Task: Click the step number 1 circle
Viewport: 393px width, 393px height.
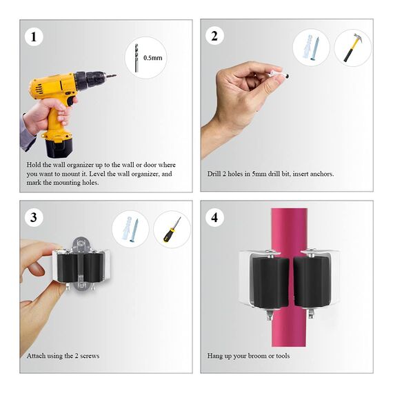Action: (32, 36)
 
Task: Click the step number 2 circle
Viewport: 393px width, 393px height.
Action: (214, 36)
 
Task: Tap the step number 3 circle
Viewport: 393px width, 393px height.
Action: (32, 218)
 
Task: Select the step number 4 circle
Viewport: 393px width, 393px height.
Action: (214, 218)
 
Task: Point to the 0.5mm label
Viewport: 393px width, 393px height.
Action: (152, 58)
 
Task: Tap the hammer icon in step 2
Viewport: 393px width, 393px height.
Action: (352, 48)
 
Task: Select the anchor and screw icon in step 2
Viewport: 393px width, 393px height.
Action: (310, 48)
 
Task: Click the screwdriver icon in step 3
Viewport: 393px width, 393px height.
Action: (171, 230)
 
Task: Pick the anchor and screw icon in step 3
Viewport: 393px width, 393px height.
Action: (130, 230)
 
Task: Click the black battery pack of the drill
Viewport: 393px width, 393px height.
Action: (59, 145)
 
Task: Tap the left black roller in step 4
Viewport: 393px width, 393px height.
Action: (268, 282)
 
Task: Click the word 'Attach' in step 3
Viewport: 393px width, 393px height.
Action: (36, 356)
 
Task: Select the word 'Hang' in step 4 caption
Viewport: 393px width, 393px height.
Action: (215, 356)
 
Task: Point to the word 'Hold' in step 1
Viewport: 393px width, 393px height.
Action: (34, 165)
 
